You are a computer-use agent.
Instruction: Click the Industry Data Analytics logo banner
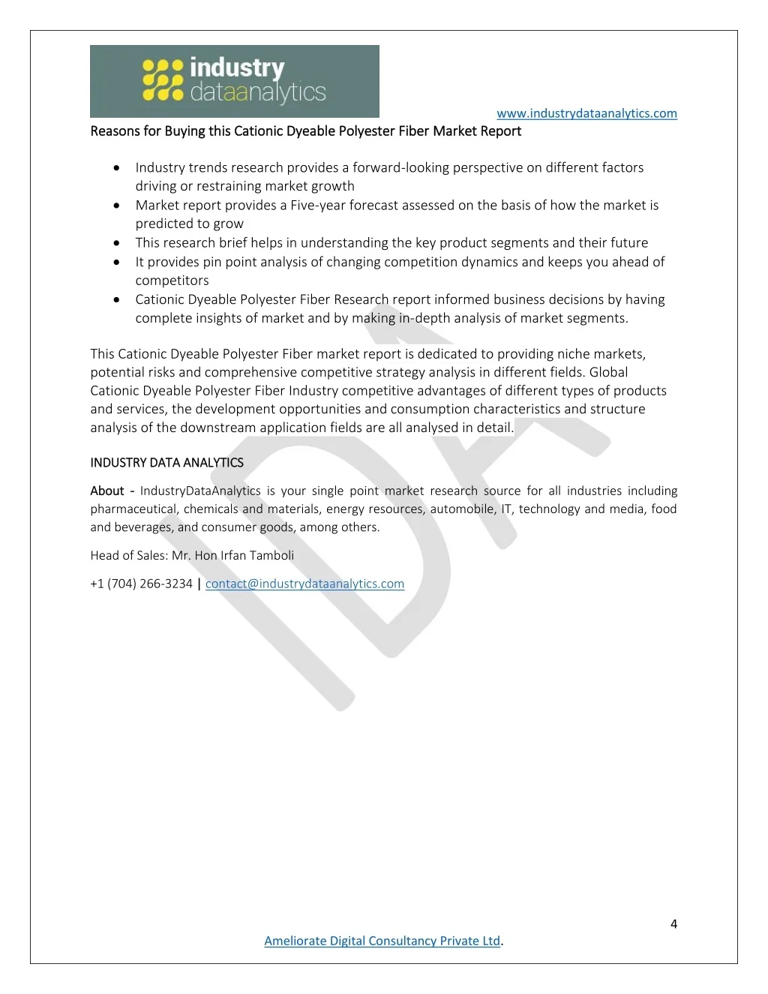(x=234, y=81)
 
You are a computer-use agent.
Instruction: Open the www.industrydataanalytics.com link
(x=586, y=113)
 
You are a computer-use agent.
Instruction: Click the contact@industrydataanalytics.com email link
(x=304, y=584)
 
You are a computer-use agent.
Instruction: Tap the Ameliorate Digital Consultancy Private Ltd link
(x=382, y=941)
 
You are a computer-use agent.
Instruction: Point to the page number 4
(x=673, y=923)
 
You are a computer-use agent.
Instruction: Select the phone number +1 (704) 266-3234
(x=141, y=584)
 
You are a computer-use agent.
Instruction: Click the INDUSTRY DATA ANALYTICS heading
(x=166, y=463)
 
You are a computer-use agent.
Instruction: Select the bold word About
(x=107, y=491)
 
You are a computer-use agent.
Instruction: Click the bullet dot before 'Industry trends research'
(x=117, y=167)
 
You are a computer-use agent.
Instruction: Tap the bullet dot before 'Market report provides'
(x=117, y=205)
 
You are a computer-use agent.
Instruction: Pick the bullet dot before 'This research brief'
(x=117, y=242)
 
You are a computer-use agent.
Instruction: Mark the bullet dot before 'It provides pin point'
(x=117, y=262)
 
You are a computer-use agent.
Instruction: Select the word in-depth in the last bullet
(x=425, y=318)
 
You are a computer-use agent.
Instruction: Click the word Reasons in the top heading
(x=115, y=131)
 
